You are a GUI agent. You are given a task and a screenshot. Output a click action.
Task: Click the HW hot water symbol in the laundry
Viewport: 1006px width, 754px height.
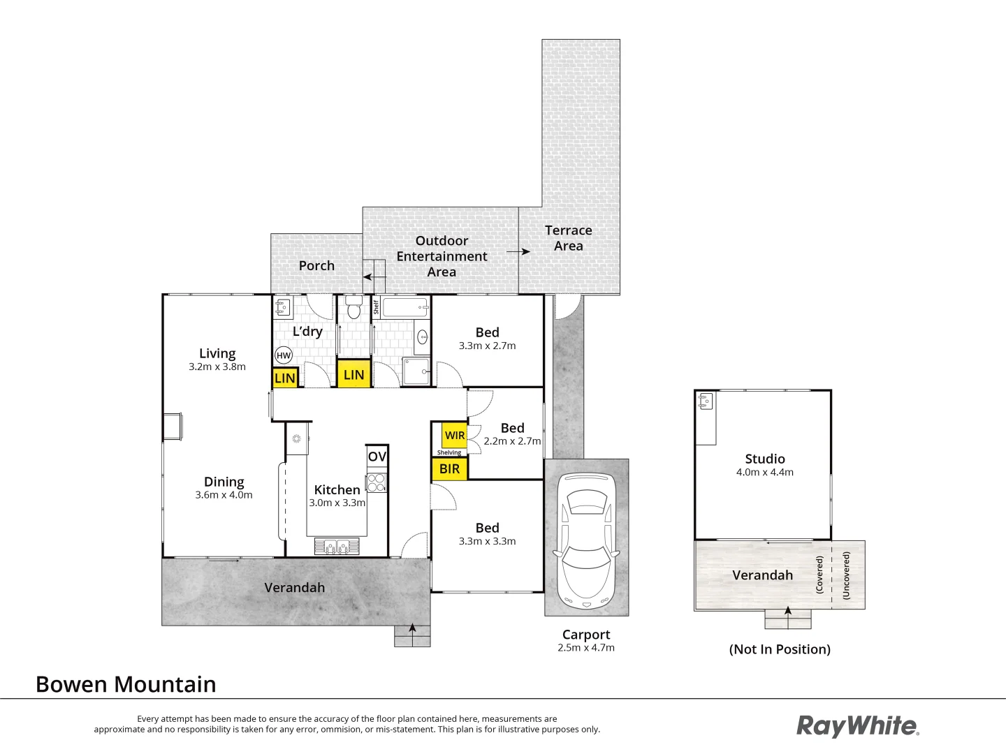coord(283,355)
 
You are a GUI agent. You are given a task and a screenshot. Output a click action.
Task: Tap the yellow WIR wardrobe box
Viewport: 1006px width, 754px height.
coord(455,436)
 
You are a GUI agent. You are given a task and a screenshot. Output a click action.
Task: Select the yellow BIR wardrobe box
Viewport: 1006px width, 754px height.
coord(450,469)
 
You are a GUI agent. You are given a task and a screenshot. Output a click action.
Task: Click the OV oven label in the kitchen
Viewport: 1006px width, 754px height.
coord(377,457)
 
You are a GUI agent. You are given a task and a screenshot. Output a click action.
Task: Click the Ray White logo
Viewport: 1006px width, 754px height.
coord(858,726)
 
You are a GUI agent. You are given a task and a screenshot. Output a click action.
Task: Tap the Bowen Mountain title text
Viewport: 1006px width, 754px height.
coord(126,684)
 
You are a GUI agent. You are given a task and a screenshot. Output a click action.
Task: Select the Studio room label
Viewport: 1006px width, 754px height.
coord(765,459)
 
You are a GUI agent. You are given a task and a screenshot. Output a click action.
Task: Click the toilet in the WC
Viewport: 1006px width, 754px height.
coord(353,309)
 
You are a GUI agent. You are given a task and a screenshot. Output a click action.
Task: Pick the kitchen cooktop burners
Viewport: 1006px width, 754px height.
coord(377,482)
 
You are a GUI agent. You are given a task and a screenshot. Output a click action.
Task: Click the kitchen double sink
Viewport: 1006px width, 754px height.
coord(337,546)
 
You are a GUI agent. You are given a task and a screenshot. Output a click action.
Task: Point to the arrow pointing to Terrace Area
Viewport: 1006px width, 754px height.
coord(518,251)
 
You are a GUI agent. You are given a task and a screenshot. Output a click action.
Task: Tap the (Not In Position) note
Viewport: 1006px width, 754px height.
coord(780,649)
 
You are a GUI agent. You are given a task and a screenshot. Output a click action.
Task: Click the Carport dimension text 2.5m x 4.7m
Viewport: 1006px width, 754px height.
coord(586,648)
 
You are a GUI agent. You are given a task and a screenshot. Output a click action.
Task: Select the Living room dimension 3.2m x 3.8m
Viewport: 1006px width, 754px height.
coord(217,367)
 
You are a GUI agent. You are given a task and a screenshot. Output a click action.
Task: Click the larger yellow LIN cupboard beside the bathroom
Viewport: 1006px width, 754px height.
coord(353,375)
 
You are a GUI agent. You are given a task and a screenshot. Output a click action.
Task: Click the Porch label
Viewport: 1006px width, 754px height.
coord(316,265)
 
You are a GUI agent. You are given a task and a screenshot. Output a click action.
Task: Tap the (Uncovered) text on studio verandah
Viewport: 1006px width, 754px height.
coord(847,575)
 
